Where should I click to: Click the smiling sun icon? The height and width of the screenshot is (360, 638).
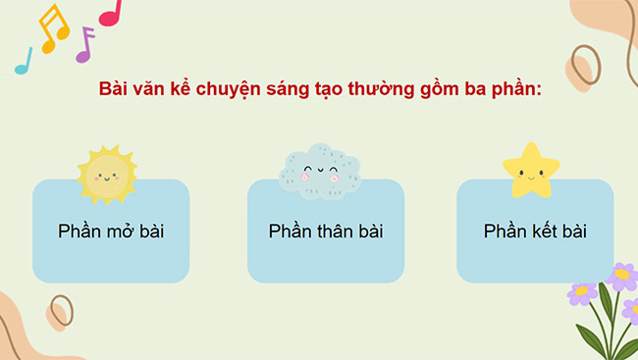click(x=107, y=174)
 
